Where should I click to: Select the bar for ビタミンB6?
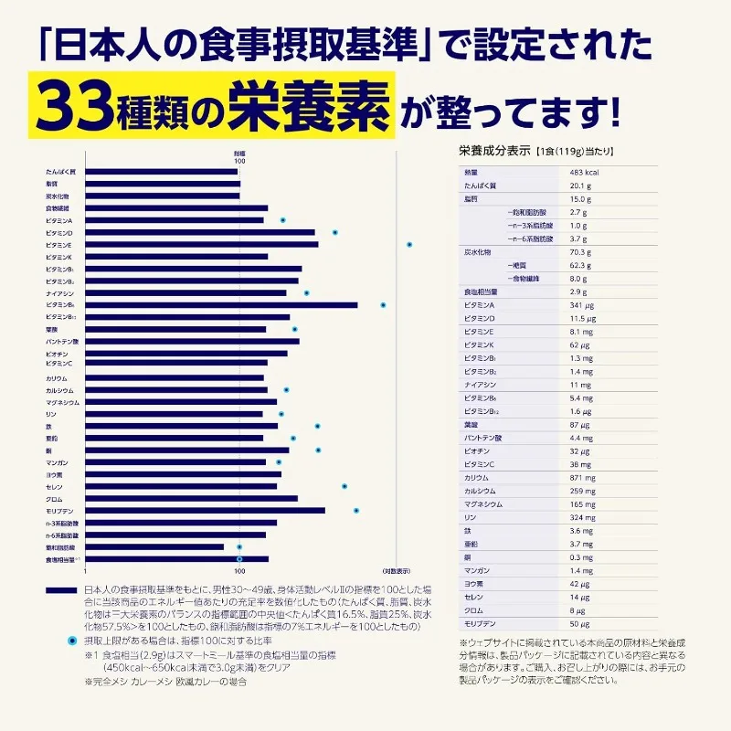click(x=219, y=305)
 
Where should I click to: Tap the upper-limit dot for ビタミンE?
click(x=409, y=245)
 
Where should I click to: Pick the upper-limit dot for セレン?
click(x=344, y=487)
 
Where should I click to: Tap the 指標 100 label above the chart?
click(x=239, y=157)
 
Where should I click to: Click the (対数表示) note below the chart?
click(x=396, y=570)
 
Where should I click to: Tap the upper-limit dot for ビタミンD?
click(x=335, y=233)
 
